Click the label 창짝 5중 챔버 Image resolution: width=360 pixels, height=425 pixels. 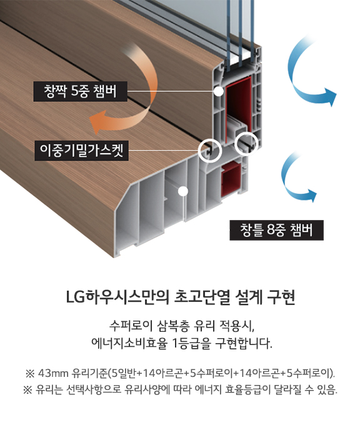pyautogui.click(x=80, y=91)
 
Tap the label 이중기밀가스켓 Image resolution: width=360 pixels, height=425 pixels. pyautogui.click(x=81, y=150)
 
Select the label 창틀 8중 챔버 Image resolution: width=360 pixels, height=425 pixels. pyautogui.click(x=276, y=230)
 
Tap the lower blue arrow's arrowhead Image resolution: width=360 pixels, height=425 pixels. pyautogui.click(x=312, y=195)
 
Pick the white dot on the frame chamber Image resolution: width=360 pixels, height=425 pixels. pyautogui.click(x=183, y=191)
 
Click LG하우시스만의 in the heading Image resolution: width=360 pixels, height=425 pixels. pyautogui.click(x=118, y=297)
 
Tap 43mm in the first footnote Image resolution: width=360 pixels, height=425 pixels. pyautogui.click(x=53, y=374)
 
